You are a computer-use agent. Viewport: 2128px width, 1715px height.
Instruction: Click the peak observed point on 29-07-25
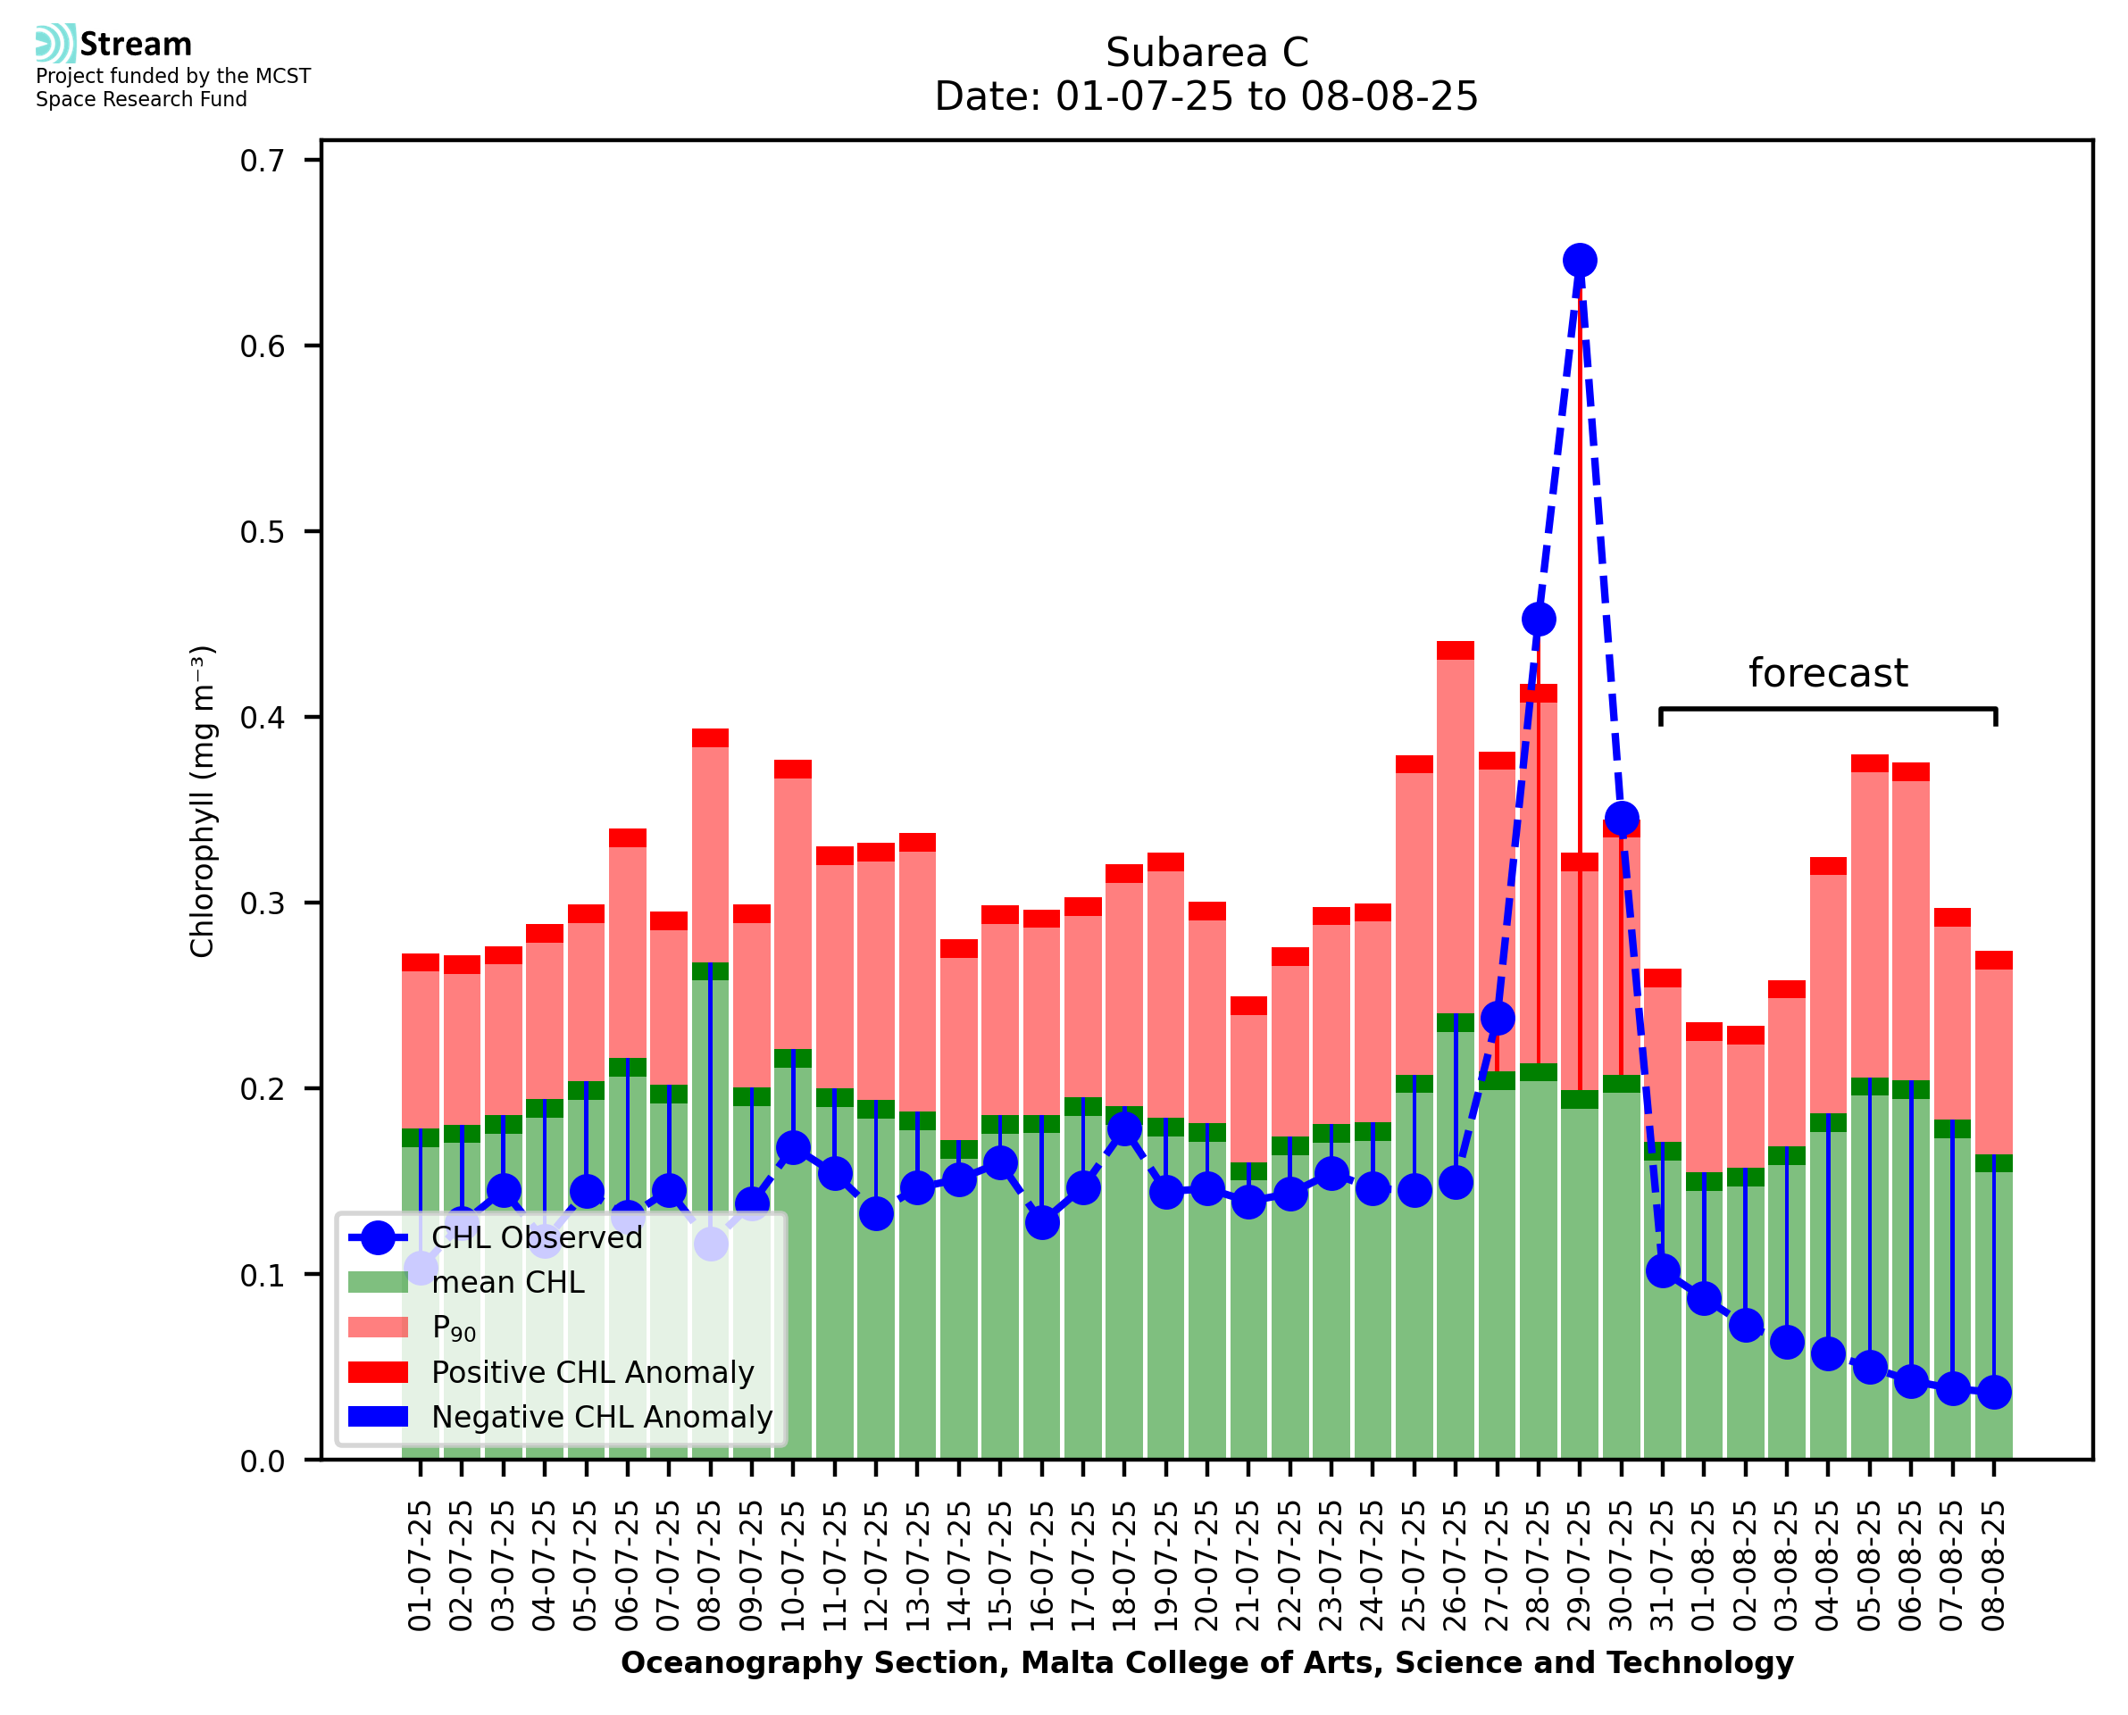click(1579, 260)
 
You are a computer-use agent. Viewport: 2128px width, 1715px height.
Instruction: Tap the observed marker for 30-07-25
click(1621, 819)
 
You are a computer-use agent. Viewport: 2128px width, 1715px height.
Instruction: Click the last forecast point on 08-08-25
click(1994, 1392)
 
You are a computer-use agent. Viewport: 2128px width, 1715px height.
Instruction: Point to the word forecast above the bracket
click(1828, 673)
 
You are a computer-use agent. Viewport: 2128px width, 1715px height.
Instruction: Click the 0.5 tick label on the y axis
click(262, 532)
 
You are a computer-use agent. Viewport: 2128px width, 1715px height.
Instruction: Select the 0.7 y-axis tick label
click(262, 161)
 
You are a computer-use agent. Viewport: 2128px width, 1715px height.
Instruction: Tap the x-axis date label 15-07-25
click(1000, 1566)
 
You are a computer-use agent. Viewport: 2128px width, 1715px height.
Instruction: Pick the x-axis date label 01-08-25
click(1704, 1566)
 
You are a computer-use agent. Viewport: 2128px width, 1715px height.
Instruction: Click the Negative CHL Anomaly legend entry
click(601, 1417)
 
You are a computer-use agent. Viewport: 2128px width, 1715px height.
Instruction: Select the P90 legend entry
click(454, 1328)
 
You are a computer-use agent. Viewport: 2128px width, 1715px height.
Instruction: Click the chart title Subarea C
click(1206, 53)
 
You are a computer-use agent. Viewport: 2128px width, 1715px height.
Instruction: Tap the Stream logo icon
click(55, 44)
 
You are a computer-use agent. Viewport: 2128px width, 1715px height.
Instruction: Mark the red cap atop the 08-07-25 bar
click(710, 738)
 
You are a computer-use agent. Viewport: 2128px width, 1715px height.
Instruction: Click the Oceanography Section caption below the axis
click(1206, 1662)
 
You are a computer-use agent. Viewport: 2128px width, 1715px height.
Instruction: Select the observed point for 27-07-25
click(1497, 1018)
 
